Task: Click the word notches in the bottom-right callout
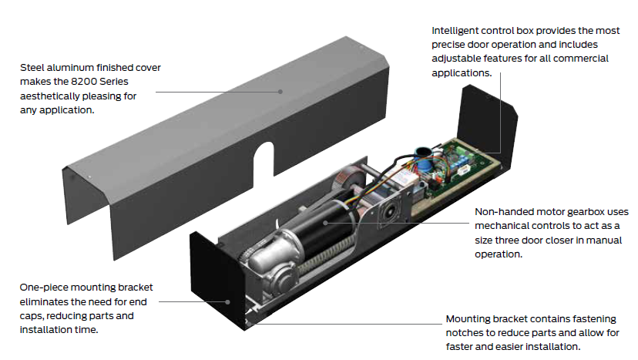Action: [465, 333]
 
